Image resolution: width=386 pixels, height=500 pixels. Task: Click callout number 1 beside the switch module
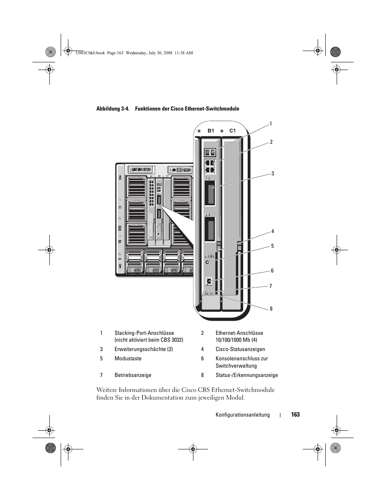tap(271, 124)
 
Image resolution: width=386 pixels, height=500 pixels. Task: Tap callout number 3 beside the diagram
tap(273, 173)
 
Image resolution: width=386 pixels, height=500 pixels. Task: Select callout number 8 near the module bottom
tap(271, 309)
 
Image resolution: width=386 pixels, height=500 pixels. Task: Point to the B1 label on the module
tap(211, 131)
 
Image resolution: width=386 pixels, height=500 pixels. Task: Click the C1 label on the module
tap(232, 131)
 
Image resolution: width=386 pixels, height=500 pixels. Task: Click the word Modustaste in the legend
tap(128, 358)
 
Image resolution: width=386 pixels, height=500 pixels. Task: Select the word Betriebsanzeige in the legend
tap(133, 375)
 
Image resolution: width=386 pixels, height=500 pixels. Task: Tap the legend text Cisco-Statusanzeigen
tap(240, 349)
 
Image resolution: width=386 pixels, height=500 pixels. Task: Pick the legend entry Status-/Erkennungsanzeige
tap(246, 375)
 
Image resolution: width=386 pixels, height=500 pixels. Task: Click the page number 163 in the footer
tap(295, 415)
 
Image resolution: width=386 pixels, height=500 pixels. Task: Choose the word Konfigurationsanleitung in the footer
tap(242, 415)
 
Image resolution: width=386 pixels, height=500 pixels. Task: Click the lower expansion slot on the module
tap(210, 230)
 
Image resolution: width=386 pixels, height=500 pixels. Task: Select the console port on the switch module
tap(209, 281)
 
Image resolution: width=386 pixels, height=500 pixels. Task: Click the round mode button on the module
tap(208, 262)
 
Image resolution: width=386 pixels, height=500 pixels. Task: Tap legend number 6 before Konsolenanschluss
tap(202, 358)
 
